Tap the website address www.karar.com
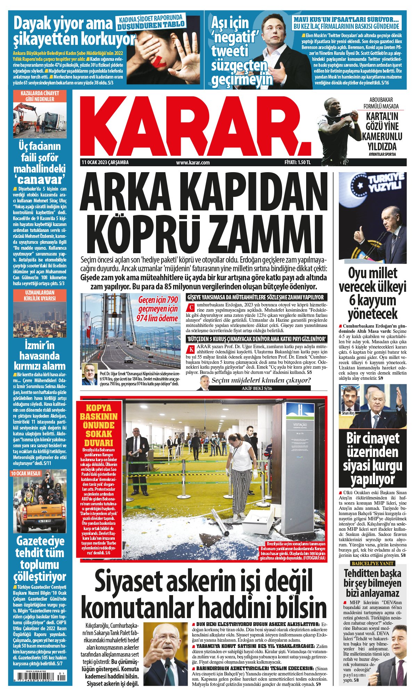pyautogui.click(x=193, y=162)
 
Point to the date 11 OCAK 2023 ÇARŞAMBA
pyautogui.click(x=105, y=162)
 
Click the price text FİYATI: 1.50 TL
pyautogui.click(x=297, y=162)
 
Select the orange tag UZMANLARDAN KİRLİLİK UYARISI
pyautogui.click(x=40, y=295)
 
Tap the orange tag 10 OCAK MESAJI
pyautogui.click(x=26, y=473)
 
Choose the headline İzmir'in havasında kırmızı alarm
pyautogui.click(x=40, y=355)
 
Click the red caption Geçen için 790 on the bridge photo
pyautogui.click(x=158, y=300)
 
